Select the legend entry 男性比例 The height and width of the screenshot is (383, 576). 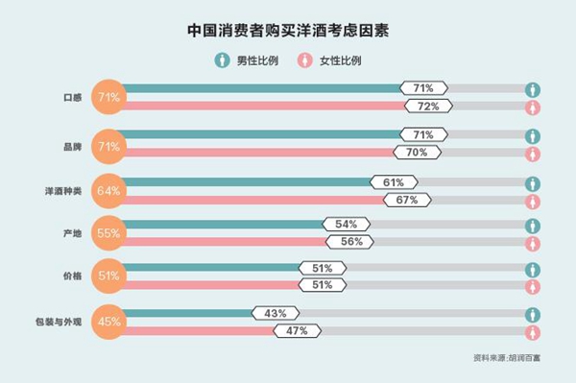pos(245,60)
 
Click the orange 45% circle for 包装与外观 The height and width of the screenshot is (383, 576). pos(108,322)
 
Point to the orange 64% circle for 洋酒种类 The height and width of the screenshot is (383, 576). pos(108,190)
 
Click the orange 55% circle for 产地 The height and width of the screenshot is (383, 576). pos(108,232)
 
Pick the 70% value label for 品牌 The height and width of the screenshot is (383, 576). pos(418,152)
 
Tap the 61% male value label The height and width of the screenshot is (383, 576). pos(394,181)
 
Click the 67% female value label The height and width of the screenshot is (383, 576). pos(406,200)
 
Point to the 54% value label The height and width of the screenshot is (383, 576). pos(347,224)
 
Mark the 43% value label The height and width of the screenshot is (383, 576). pos(276,313)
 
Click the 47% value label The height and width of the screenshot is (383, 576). pos(297,331)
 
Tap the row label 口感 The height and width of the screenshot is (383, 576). pos(69,97)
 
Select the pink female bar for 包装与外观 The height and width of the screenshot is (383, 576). pos(202,331)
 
